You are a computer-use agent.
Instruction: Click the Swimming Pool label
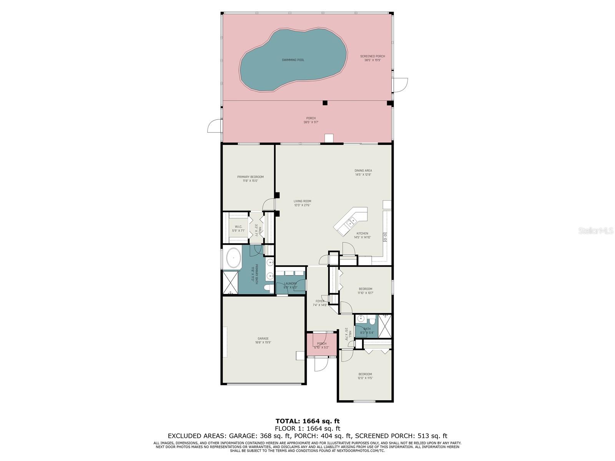click(x=293, y=60)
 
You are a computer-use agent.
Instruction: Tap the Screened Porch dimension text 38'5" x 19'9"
click(x=372, y=60)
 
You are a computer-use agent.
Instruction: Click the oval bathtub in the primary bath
click(x=233, y=258)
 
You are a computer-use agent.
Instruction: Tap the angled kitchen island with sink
click(x=351, y=221)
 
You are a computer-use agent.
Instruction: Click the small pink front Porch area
click(x=322, y=344)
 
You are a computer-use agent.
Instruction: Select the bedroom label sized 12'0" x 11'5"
click(x=365, y=376)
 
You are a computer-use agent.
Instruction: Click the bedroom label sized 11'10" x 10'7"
click(x=365, y=291)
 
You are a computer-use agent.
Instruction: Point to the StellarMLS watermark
click(x=598, y=230)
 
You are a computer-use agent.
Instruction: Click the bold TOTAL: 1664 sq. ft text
click(x=307, y=421)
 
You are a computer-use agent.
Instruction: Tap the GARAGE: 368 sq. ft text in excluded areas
click(x=261, y=436)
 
